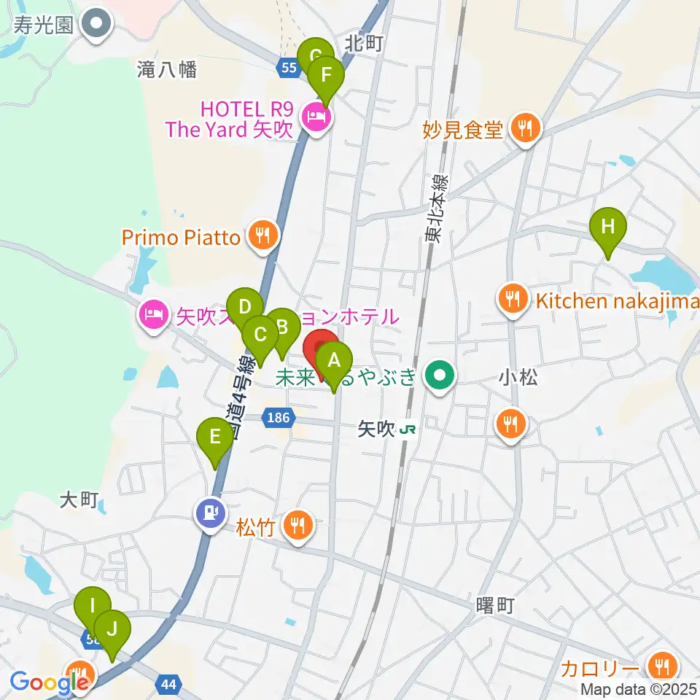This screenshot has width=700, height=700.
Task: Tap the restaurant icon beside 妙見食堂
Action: (x=524, y=130)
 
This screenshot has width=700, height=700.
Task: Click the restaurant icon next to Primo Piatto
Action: (x=262, y=236)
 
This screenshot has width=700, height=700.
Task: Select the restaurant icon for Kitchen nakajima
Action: (x=513, y=299)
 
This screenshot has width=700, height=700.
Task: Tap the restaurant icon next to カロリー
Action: (x=662, y=666)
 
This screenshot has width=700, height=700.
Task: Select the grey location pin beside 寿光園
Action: (x=96, y=24)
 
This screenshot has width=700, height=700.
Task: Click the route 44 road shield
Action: (x=168, y=684)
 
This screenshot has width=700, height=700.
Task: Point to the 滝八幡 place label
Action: (x=167, y=70)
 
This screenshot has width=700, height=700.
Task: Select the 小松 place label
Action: (x=518, y=378)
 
